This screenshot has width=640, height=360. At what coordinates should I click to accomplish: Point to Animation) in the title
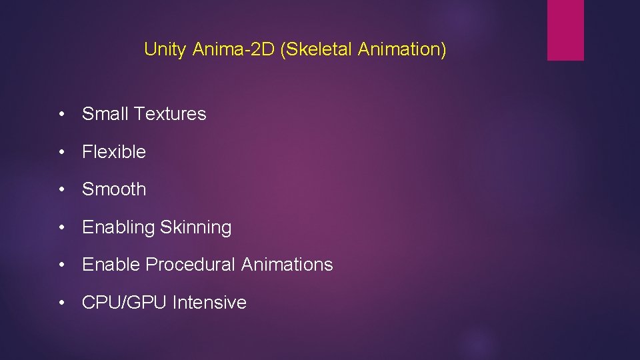402,49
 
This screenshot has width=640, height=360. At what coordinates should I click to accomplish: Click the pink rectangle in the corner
565,30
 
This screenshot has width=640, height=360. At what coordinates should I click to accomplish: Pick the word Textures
170,114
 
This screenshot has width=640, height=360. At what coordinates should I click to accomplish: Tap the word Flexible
114,152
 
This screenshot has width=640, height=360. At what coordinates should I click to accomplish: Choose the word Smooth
114,189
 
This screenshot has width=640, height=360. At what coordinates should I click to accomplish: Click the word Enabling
118,228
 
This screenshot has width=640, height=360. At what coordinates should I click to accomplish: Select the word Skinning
195,228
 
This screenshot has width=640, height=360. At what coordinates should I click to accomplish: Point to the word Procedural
191,265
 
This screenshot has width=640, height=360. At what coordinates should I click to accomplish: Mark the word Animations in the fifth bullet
287,265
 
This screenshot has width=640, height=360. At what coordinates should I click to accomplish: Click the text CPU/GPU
124,303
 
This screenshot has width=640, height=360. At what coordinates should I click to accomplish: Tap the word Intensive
209,303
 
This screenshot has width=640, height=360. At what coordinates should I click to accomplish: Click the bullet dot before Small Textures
61,115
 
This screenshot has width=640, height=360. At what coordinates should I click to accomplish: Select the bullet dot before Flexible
61,153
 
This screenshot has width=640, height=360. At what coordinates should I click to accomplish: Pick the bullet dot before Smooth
61,190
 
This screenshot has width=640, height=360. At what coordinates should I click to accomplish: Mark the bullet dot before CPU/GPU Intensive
61,303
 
